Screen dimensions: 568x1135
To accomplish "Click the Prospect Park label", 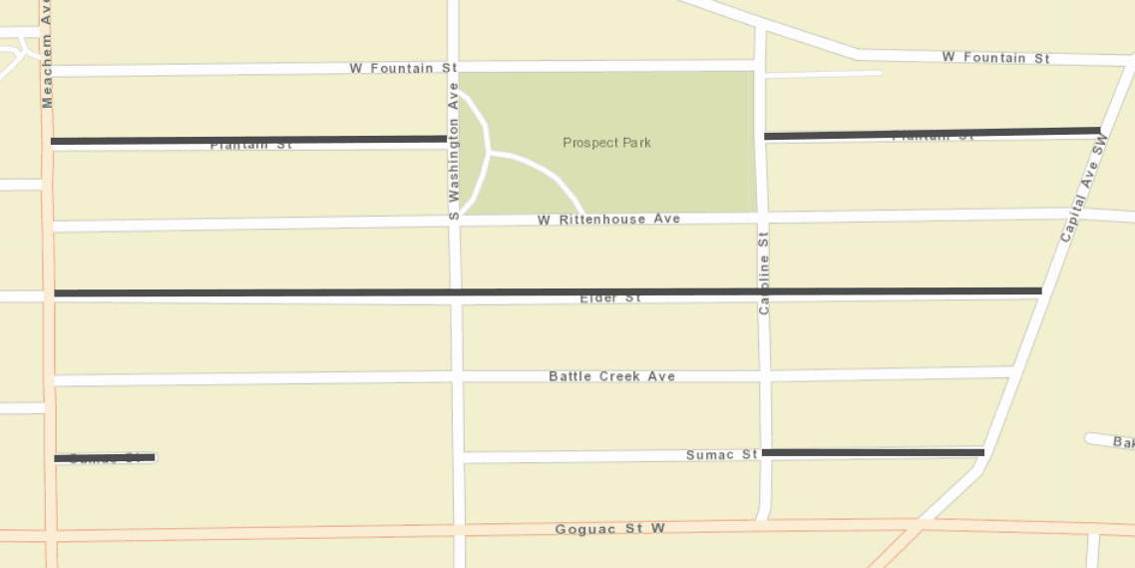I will click(x=606, y=143).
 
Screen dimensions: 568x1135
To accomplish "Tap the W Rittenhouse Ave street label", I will click(x=608, y=219).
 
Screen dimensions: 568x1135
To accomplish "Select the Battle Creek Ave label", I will click(x=611, y=376).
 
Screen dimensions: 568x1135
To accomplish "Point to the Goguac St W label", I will click(x=609, y=529).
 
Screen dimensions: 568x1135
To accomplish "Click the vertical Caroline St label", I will click(x=765, y=272).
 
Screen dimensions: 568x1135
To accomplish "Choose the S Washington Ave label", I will click(x=453, y=151).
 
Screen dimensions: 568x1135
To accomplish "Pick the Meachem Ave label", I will click(x=47, y=54).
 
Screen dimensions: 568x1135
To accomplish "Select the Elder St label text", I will click(x=609, y=298).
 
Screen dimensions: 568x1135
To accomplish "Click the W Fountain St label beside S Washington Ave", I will click(x=403, y=68).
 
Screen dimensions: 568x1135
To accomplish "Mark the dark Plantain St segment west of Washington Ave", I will click(x=248, y=140).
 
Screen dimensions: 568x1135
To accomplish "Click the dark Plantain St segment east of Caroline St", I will click(x=932, y=133).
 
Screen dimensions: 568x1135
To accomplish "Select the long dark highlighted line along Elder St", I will click(x=548, y=292).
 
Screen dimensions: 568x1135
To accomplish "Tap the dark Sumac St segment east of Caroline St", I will click(x=873, y=453).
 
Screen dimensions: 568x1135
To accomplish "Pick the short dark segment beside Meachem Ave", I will click(x=105, y=458).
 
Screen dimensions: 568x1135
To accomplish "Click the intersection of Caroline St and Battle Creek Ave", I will click(x=765, y=374).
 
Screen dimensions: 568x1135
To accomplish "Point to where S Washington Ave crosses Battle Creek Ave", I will click(x=457, y=376).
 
